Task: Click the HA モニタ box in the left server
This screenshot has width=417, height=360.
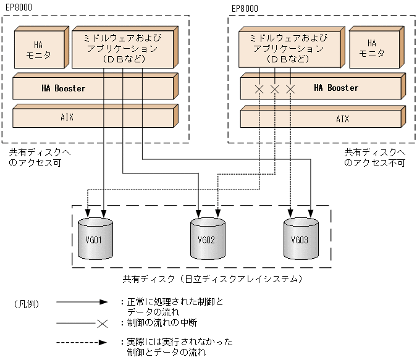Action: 40,49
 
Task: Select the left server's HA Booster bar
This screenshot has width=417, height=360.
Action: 94,88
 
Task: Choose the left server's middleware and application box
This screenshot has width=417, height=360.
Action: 123,48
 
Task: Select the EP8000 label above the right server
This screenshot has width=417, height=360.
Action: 245,8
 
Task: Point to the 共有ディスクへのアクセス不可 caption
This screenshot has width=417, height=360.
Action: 374,157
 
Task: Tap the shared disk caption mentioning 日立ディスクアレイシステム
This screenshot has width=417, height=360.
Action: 212,279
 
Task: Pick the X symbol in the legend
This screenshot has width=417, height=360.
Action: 103,323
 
